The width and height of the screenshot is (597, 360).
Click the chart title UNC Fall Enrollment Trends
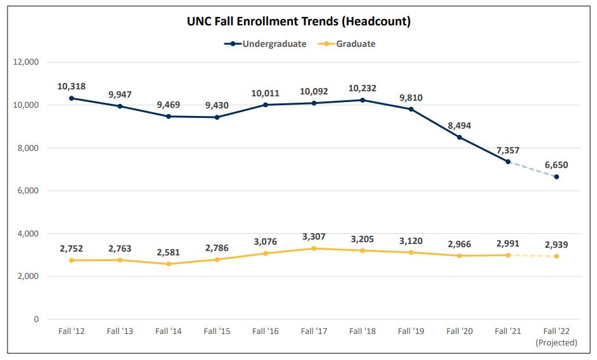[298, 22]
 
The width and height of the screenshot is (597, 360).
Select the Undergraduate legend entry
[273, 44]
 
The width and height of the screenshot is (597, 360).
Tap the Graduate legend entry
[356, 44]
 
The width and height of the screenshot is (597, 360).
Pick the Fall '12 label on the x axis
[71, 331]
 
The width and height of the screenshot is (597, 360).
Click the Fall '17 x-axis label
[314, 331]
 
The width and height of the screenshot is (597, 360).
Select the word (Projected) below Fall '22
[556, 343]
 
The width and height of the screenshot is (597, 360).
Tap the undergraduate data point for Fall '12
[71, 98]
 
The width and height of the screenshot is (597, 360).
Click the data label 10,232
[363, 89]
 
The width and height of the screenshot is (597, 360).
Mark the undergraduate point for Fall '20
[459, 138]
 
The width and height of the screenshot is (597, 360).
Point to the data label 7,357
[508, 150]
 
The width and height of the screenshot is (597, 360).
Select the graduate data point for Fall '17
[314, 248]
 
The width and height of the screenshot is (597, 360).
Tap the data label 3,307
[314, 237]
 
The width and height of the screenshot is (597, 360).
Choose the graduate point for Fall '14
[168, 264]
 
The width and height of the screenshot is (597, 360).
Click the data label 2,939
[556, 245]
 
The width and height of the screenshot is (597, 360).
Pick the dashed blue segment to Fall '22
[532, 169]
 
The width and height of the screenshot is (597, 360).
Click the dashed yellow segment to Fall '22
[532, 255]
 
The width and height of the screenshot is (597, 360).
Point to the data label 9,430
[217, 105]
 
